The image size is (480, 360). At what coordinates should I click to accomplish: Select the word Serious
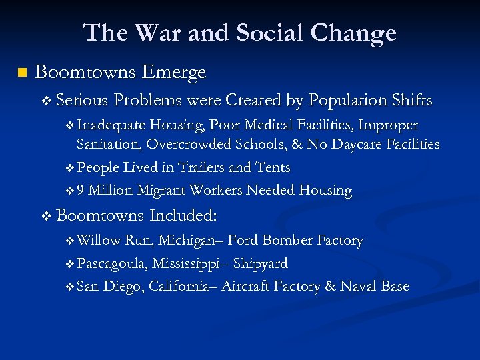(x=82, y=101)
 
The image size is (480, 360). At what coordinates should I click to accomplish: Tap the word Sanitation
(x=109, y=144)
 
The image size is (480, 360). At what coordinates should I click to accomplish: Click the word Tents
(x=272, y=167)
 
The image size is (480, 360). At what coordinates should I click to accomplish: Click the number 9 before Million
(x=81, y=191)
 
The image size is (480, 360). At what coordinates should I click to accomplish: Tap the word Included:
(x=185, y=215)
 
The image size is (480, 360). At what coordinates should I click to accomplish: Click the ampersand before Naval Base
(x=330, y=287)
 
